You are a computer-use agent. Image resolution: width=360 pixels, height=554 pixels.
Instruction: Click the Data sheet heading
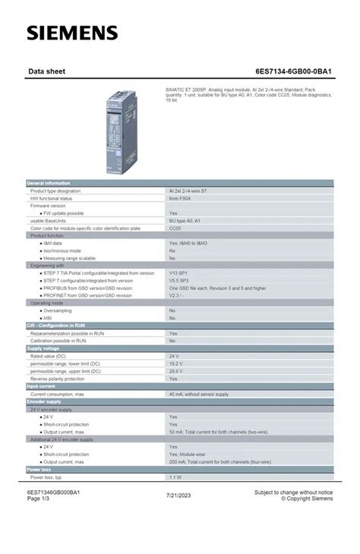[x=46, y=71]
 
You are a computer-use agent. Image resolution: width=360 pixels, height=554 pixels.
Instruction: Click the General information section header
[x=49, y=183]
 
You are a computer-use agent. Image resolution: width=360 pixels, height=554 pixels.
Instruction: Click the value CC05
[x=175, y=228]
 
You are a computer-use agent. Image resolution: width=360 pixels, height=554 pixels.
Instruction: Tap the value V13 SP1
[x=178, y=272]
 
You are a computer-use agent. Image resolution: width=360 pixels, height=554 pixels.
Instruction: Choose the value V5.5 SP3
[x=178, y=280]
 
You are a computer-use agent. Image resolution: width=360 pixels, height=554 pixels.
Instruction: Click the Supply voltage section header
[x=44, y=348]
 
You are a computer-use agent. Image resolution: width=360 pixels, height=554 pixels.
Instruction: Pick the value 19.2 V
[x=175, y=363]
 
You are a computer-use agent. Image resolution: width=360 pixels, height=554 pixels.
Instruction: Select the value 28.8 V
[x=175, y=370]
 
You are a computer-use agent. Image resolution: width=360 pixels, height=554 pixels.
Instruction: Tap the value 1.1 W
[x=175, y=477]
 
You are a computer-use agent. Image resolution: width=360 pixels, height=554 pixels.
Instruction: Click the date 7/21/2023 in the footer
[x=179, y=496]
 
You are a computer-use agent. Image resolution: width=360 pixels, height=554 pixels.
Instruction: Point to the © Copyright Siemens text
[x=307, y=499]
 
